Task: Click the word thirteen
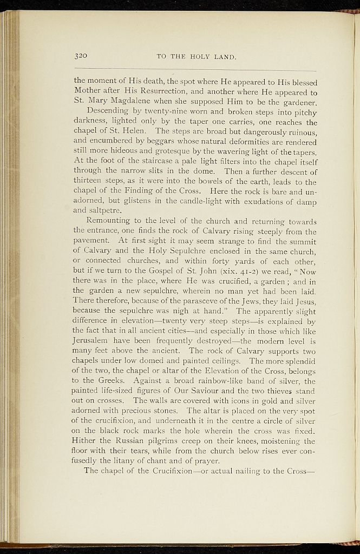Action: click(x=89, y=183)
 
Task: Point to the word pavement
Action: click(x=93, y=241)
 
